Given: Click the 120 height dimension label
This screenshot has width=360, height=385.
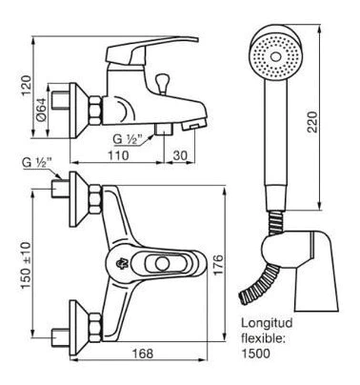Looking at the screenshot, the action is (x=27, y=85).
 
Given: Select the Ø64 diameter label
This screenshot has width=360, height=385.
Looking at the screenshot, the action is (x=41, y=109).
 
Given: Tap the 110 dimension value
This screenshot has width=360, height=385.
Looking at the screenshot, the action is (x=118, y=155).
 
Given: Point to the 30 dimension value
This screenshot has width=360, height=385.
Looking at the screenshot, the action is (x=180, y=155).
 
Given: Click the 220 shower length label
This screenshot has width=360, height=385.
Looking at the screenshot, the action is (x=312, y=122).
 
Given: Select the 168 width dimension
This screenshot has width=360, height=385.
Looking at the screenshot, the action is (x=143, y=354).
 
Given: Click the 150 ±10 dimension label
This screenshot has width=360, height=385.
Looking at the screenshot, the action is (x=26, y=266).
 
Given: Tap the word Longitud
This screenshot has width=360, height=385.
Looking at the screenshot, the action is (x=267, y=324).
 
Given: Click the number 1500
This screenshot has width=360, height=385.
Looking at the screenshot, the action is (x=256, y=353).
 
